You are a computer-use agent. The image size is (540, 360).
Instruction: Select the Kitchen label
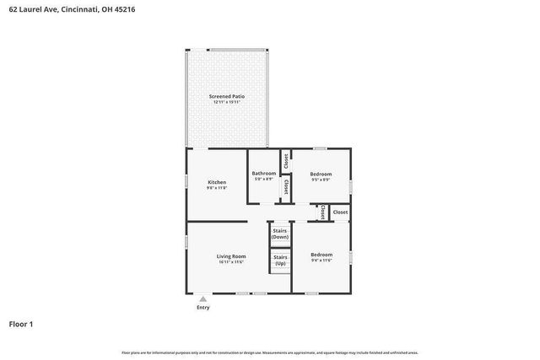pyautogui.click(x=217, y=182)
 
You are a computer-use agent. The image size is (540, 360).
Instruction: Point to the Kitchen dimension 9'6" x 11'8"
pyautogui.click(x=217, y=188)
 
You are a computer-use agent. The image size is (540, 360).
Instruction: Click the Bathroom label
pyautogui.click(x=264, y=173)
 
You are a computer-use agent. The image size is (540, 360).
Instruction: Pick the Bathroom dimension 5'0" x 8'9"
pyautogui.click(x=264, y=179)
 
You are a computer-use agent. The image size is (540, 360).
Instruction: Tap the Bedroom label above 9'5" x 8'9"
pyautogui.click(x=321, y=173)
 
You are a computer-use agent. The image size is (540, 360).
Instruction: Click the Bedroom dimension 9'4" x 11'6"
pyautogui.click(x=321, y=260)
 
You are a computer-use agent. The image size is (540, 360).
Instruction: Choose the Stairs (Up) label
pyautogui.click(x=280, y=260)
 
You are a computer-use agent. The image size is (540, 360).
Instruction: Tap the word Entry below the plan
pyautogui.click(x=203, y=307)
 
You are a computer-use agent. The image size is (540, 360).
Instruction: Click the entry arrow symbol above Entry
pyautogui.click(x=203, y=298)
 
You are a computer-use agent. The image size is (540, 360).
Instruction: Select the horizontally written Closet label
pyautogui.click(x=340, y=212)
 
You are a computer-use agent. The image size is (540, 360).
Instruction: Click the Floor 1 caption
pyautogui.click(x=21, y=324)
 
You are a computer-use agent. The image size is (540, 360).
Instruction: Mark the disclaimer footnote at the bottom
pyautogui.click(x=269, y=352)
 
